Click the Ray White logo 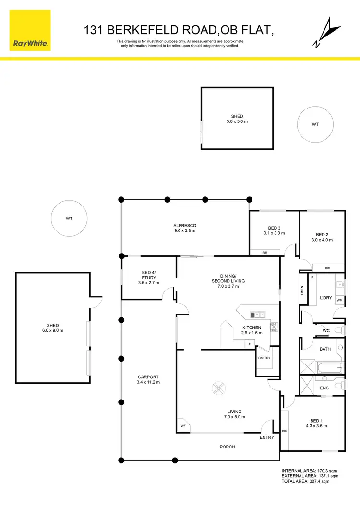(x=30, y=29)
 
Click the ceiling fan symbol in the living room (x=218, y=387)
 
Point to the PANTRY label (x=264, y=358)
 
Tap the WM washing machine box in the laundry (x=339, y=301)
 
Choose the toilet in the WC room (x=338, y=330)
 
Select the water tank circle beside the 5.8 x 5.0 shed (x=315, y=124)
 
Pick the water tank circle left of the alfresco (x=69, y=218)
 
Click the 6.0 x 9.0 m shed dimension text (x=53, y=330)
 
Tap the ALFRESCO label (x=185, y=225)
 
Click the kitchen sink (x=257, y=315)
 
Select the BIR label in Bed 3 (x=264, y=253)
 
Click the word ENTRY (x=266, y=437)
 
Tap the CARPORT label (x=148, y=377)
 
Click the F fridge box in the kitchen (x=250, y=344)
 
